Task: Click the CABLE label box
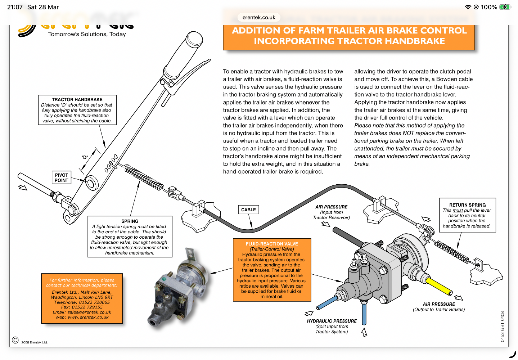coord(248,210)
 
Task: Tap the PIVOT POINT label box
coord(61,177)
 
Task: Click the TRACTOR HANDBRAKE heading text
coord(77,100)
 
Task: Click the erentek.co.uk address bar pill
coord(259,17)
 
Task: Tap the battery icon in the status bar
coord(505,7)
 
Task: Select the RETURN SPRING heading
coord(467,205)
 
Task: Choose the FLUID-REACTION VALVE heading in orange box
coord(272,244)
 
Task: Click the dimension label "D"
coord(85,157)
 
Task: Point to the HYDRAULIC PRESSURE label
coord(332,321)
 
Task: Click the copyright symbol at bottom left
coord(15,340)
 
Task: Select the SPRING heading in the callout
coord(130,221)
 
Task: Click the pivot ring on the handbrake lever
coord(91,182)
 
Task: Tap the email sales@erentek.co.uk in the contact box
coord(82,312)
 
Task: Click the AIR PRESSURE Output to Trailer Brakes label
coord(438,307)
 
